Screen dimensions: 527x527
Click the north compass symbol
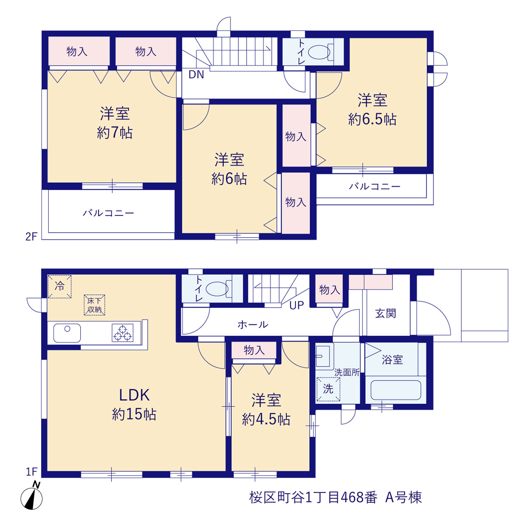click(x=31, y=497)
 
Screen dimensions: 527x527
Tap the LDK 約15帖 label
click(x=134, y=405)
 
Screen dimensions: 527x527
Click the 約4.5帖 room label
click(x=266, y=409)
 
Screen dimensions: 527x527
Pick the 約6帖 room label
click(x=229, y=169)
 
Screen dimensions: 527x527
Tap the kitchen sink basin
click(x=67, y=333)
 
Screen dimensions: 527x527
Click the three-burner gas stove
click(x=123, y=333)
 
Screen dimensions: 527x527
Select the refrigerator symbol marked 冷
click(x=60, y=286)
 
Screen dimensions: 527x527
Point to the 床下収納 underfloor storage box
click(x=94, y=305)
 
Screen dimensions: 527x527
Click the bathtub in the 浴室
click(x=396, y=390)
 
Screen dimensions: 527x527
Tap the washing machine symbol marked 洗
click(x=328, y=389)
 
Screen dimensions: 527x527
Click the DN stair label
click(x=196, y=75)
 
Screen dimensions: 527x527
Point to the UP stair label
click(x=297, y=305)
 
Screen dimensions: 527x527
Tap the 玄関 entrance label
click(x=386, y=313)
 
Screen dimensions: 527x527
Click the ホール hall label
click(x=253, y=324)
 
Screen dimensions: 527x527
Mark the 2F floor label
click(x=31, y=237)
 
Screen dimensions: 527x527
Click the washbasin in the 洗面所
click(x=324, y=357)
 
